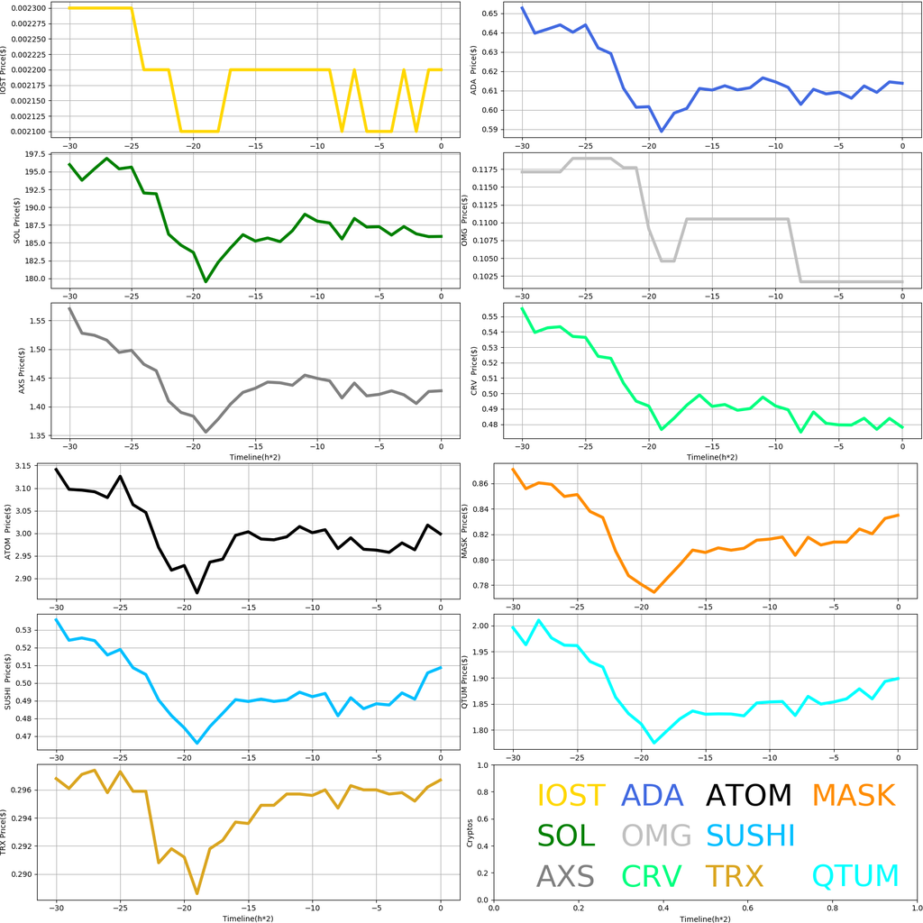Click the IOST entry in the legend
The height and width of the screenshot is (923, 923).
pos(571,796)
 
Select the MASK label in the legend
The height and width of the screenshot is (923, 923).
pos(853,796)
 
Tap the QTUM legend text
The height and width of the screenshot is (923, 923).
pos(855,875)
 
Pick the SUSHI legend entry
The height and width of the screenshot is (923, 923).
pos(750,836)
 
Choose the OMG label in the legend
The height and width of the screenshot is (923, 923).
pos(656,836)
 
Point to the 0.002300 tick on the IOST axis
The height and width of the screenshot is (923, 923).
pos(32,8)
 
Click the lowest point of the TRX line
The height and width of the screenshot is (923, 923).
pos(197,893)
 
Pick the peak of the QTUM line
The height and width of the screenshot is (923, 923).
pos(539,620)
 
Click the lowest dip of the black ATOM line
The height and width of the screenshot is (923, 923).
pos(197,592)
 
